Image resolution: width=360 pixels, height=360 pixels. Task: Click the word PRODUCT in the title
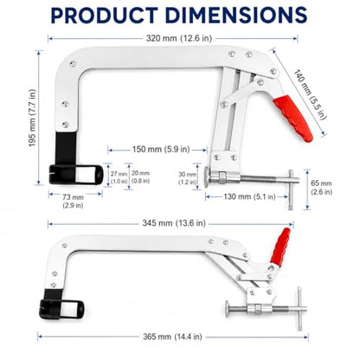104,15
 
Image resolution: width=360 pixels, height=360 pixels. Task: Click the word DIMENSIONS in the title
236,15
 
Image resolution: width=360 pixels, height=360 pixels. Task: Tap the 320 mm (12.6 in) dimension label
179,38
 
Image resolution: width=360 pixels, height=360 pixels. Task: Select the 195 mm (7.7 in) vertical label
33,118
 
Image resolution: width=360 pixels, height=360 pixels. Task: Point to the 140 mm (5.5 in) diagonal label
311,94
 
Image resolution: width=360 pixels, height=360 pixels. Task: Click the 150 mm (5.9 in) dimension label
161,150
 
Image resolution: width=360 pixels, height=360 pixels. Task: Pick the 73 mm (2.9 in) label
73,201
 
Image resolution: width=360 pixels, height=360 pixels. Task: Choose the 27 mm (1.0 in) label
119,177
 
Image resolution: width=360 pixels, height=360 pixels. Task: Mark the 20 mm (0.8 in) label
140,177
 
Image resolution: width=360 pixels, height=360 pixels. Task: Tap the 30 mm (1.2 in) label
187,178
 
